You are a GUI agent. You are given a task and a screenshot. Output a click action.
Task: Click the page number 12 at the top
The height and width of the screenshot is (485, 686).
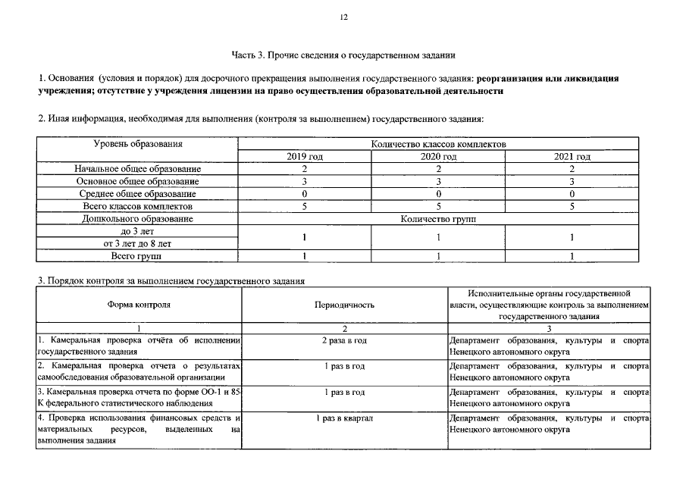tap(343, 17)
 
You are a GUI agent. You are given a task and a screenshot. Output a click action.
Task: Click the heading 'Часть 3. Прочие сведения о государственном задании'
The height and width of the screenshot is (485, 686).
tap(343, 55)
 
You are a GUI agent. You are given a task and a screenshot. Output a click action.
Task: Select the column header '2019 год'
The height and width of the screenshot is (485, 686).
tap(305, 156)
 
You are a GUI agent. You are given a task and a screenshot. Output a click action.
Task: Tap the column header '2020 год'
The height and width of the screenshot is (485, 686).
tap(438, 156)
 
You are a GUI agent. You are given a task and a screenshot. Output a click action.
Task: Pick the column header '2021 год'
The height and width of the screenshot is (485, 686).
tap(572, 156)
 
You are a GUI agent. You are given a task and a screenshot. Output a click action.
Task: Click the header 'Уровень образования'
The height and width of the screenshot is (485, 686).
tap(138, 144)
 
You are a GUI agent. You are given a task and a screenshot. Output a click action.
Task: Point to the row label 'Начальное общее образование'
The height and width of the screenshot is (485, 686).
tap(138, 168)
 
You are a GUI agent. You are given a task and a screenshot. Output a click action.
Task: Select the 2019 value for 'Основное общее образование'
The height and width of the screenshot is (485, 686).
tap(305, 181)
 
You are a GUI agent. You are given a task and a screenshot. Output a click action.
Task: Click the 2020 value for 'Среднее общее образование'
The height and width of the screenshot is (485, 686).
tap(438, 193)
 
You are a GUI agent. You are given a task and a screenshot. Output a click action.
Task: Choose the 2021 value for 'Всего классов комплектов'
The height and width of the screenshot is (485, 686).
tap(572, 206)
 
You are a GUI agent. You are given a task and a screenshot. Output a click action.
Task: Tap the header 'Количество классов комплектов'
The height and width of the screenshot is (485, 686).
tap(438, 144)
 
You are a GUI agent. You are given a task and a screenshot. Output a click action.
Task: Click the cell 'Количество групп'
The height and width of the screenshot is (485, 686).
tap(438, 218)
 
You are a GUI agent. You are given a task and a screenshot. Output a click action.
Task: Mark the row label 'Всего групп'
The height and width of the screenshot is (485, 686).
tap(138, 256)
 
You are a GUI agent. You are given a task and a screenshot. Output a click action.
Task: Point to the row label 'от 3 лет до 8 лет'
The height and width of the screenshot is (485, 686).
tap(138, 243)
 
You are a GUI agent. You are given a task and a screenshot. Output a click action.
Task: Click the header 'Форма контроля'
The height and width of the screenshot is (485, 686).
tap(138, 305)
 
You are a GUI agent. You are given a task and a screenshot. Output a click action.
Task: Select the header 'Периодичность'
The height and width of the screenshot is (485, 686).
tap(344, 305)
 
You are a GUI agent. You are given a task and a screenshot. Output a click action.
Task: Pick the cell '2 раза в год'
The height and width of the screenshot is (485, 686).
tap(344, 340)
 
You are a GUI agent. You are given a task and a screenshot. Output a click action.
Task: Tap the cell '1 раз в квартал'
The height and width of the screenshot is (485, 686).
tap(344, 418)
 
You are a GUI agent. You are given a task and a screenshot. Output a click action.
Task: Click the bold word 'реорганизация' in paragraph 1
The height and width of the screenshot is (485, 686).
tap(515, 79)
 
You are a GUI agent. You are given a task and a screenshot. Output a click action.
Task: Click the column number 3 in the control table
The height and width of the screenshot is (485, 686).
tap(548, 328)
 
